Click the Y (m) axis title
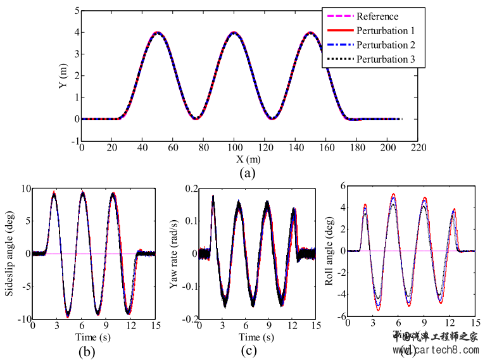[x=63, y=77]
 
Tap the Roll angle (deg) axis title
[x=329, y=254]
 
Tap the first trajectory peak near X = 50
[x=158, y=32]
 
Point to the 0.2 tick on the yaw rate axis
[x=188, y=189]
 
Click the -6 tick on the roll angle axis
[x=340, y=317]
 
